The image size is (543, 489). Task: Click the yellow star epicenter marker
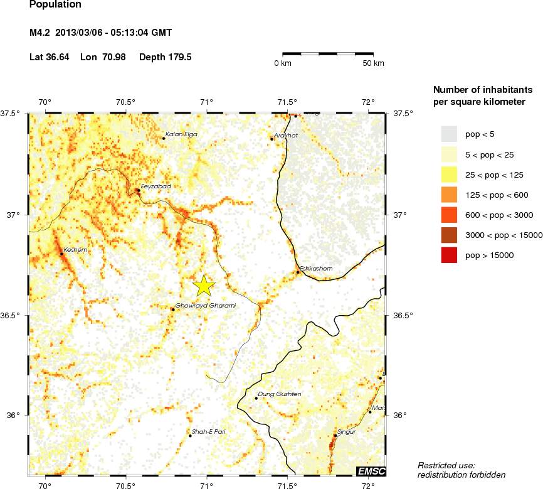pos(204,286)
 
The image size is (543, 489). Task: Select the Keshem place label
pos(75,250)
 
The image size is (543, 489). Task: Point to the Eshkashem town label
pos(315,269)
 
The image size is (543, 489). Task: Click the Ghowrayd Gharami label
pos(205,306)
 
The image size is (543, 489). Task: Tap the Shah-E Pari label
pos(208,432)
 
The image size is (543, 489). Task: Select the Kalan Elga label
pos(181,134)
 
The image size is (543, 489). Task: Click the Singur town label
pos(347,432)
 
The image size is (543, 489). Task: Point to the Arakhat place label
pos(287,135)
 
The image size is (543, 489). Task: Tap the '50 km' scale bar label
pos(374,63)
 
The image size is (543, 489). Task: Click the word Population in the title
pos(55,6)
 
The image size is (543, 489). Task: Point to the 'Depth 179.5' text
pos(165,57)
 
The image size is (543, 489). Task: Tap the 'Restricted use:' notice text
pos(446,465)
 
